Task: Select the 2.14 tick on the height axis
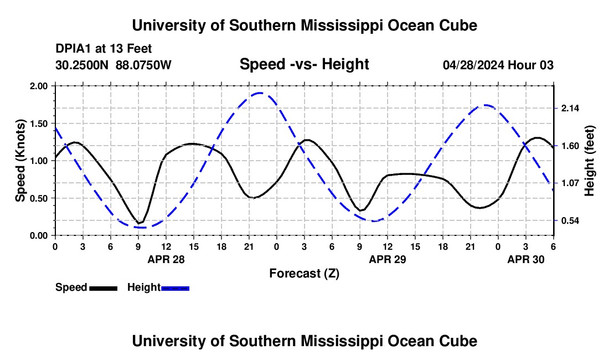click(570, 108)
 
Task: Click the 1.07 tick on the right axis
click(570, 183)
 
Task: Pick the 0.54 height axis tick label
click(570, 221)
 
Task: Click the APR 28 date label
click(166, 259)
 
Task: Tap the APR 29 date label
click(388, 259)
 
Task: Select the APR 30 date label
click(526, 259)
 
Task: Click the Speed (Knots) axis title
click(20, 161)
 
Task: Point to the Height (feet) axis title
click(590, 161)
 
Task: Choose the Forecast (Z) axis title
click(304, 273)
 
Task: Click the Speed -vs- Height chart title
click(304, 64)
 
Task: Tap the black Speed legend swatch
click(103, 288)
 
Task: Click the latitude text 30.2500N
click(83, 65)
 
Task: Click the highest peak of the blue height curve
click(260, 93)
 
